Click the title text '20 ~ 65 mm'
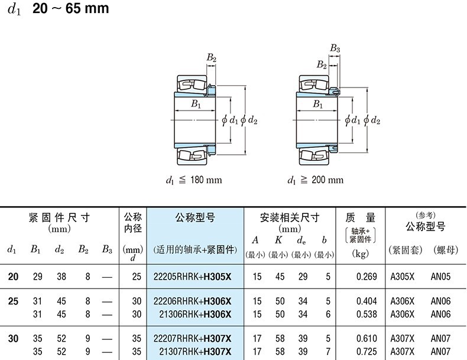tap(71, 9)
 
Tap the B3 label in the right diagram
tap(335, 48)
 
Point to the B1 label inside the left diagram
tap(195, 105)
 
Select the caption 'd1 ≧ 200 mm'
tap(315, 180)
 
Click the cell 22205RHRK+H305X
tap(192, 276)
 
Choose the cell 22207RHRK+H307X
tap(192, 338)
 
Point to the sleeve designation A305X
tap(403, 276)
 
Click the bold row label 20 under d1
tap(13, 276)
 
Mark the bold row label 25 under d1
tap(13, 301)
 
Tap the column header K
tap(279, 240)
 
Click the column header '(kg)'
tap(361, 253)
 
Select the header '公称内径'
tap(133, 223)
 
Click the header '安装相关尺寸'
tap(290, 218)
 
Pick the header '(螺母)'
tap(445, 250)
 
